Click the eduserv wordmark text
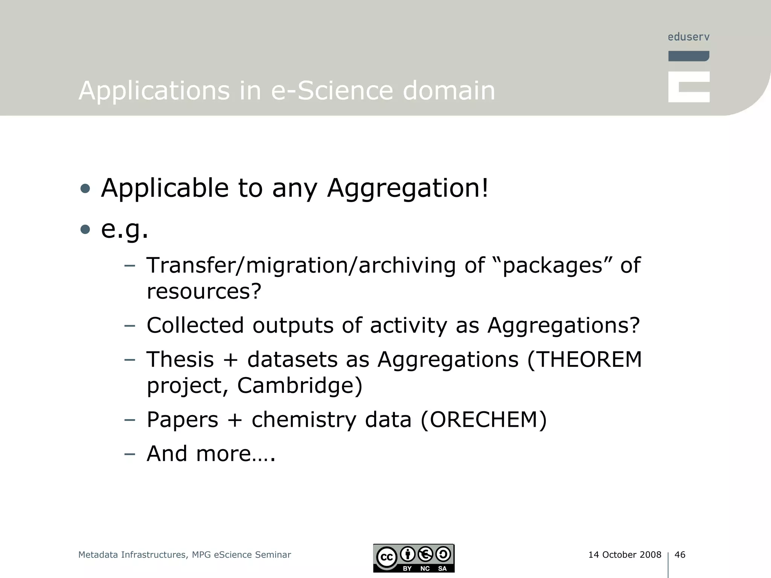tap(689, 37)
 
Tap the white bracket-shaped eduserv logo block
tap(689, 87)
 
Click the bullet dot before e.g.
tap(85, 229)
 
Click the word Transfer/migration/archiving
tap(301, 265)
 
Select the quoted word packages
tap(553, 265)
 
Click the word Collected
tap(195, 325)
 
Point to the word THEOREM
tap(584, 359)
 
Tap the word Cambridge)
tap(300, 386)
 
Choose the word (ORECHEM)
tap(483, 420)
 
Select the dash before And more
tap(130, 453)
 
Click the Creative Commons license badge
tap(414, 558)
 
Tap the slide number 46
tap(680, 555)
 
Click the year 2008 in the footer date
tap(651, 555)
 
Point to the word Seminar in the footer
tap(273, 555)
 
